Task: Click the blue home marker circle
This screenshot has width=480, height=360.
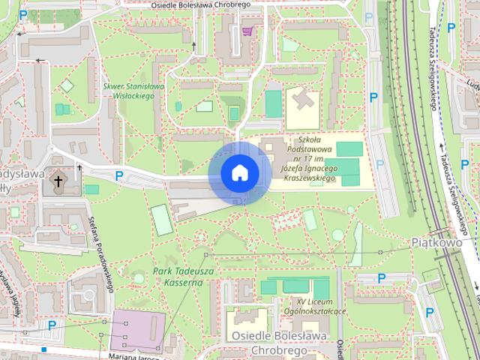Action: [x=239, y=173]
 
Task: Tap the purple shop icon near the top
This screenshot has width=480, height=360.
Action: [x=247, y=31]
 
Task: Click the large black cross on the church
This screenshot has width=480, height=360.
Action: [x=58, y=181]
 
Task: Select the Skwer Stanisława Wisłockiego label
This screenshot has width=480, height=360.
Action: [x=134, y=90]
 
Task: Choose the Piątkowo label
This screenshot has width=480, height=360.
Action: [x=436, y=242]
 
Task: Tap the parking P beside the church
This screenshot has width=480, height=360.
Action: [x=119, y=176]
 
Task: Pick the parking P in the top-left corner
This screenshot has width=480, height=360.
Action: [x=23, y=15]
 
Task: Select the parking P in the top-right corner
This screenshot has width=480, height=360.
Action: [x=451, y=28]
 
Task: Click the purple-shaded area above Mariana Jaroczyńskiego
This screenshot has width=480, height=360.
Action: [x=137, y=329]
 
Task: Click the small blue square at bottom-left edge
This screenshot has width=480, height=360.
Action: [x=44, y=349]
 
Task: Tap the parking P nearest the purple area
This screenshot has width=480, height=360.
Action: [x=52, y=325]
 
